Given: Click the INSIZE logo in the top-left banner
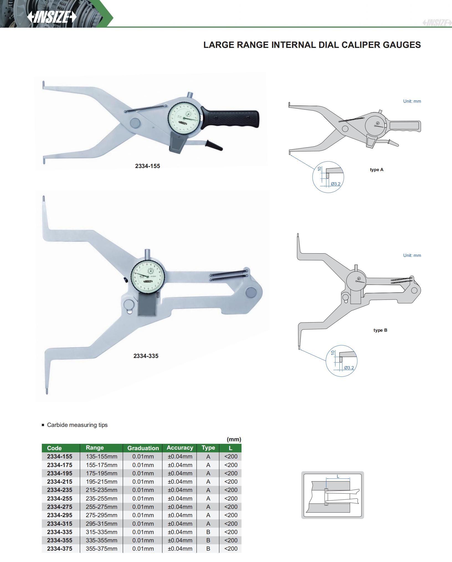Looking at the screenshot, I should pyautogui.click(x=52, y=17).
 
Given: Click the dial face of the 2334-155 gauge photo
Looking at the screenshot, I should pyautogui.click(x=184, y=118).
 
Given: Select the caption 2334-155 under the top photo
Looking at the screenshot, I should pyautogui.click(x=147, y=166).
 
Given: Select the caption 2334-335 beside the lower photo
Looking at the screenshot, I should pyautogui.click(x=146, y=356).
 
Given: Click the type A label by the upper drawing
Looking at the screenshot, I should pyautogui.click(x=376, y=170).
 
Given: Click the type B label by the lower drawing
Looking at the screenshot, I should pyautogui.click(x=380, y=330).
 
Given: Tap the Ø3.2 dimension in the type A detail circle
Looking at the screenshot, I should pyautogui.click(x=336, y=184).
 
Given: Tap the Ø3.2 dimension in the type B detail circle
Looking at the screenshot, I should pyautogui.click(x=349, y=368).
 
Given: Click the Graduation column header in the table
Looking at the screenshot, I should pyautogui.click(x=143, y=448).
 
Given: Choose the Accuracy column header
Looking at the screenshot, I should pyautogui.click(x=180, y=448).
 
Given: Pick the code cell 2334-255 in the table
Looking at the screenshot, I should pyautogui.click(x=60, y=498).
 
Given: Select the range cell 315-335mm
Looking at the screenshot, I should pyautogui.click(x=101, y=532).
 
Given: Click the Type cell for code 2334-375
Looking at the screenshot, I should pyautogui.click(x=208, y=548).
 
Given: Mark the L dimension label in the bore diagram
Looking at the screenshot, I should pyautogui.click(x=338, y=476).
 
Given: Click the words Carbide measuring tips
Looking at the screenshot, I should pyautogui.click(x=77, y=425).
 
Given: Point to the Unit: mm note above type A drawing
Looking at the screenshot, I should pyautogui.click(x=412, y=101).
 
